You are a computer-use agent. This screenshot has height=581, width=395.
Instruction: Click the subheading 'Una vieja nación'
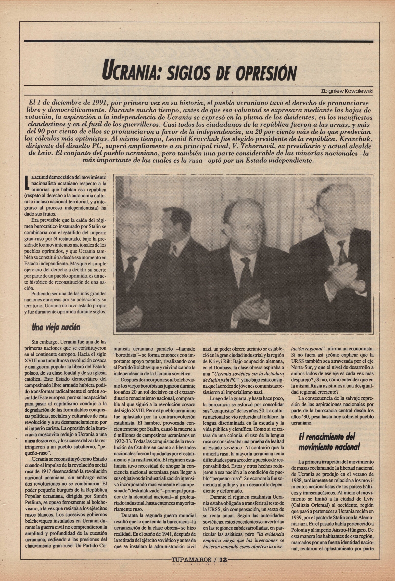[x=56, y=327]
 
